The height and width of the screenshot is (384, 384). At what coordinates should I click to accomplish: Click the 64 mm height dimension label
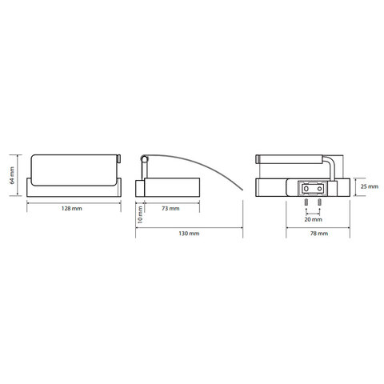tap(12, 175)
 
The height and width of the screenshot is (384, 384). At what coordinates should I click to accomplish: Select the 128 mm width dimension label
tap(72, 209)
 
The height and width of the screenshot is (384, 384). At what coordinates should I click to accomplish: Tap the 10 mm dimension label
tap(140, 214)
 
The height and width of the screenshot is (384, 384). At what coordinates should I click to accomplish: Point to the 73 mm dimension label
tap(170, 209)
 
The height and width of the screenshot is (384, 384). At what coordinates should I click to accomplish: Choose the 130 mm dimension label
tap(189, 234)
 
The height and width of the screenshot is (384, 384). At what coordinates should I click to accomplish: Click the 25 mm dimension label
tap(370, 186)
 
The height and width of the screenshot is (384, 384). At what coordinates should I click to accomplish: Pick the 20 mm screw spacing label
tap(314, 219)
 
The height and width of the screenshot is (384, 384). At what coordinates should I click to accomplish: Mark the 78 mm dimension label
tap(319, 234)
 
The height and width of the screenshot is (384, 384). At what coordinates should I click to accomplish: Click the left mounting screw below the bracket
tap(306, 202)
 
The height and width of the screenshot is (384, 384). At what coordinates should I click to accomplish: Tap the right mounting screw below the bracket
tap(319, 202)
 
